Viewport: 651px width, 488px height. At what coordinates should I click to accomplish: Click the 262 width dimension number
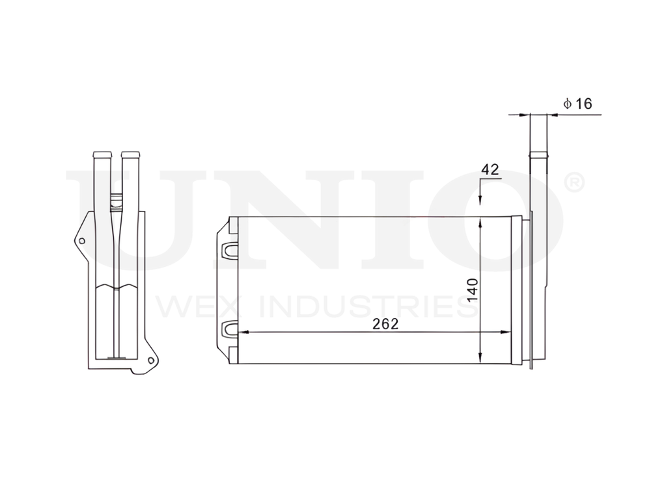tap(386, 323)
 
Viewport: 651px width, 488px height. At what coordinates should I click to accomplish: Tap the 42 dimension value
tap(490, 170)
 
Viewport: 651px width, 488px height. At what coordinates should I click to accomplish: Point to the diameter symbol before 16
tap(567, 103)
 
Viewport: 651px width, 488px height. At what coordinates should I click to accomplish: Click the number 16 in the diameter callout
tap(584, 103)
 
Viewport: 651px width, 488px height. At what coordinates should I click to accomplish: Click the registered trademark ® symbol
tap(575, 183)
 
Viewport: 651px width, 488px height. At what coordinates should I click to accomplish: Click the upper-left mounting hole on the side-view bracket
tap(81, 241)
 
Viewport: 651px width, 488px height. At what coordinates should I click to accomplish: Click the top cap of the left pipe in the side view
tap(102, 155)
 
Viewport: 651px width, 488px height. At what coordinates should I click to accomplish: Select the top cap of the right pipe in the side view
tap(130, 155)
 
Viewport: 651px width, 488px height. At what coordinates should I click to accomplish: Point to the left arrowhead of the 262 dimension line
tap(243, 332)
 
